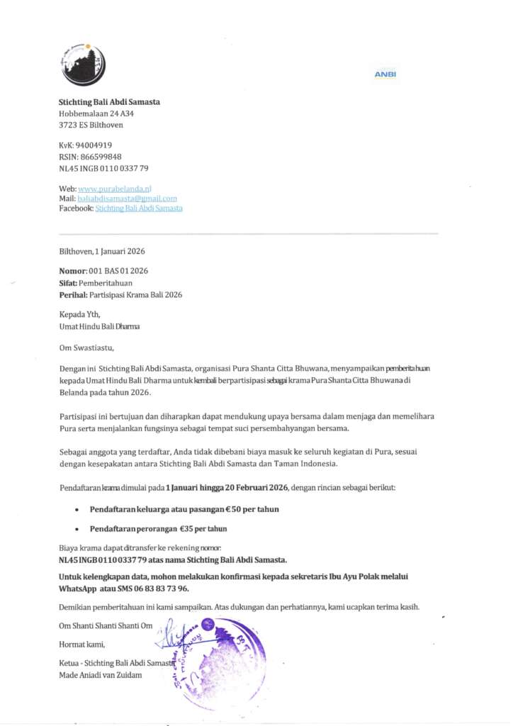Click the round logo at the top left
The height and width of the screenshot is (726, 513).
click(83, 64)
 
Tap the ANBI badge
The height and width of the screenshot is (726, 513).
click(385, 74)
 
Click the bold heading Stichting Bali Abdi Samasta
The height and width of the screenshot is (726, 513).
click(109, 102)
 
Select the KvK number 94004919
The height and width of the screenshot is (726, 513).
click(94, 145)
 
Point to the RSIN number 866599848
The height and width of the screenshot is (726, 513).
click(98, 157)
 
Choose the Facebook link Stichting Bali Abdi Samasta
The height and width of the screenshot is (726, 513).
click(138, 208)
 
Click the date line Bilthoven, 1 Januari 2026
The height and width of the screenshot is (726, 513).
click(102, 251)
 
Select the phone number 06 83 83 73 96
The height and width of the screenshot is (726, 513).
click(162, 589)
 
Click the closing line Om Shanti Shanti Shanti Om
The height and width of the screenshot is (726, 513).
click(106, 626)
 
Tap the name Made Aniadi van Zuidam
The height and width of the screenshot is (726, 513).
click(100, 675)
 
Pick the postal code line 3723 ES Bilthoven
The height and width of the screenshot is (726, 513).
click(90, 125)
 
